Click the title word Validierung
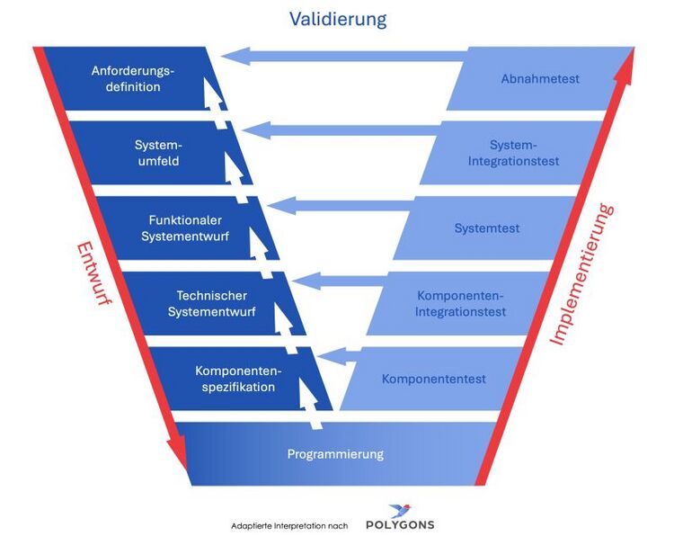(x=337, y=18)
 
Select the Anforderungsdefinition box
(x=132, y=79)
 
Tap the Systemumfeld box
(x=157, y=153)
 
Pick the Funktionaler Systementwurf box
(x=185, y=228)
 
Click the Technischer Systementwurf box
(x=211, y=304)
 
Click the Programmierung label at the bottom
(x=335, y=454)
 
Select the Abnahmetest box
(x=540, y=79)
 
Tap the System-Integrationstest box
(x=513, y=153)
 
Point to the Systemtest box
(x=487, y=228)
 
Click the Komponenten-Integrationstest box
(x=460, y=304)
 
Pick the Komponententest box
(x=433, y=379)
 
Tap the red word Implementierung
(x=581, y=274)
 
